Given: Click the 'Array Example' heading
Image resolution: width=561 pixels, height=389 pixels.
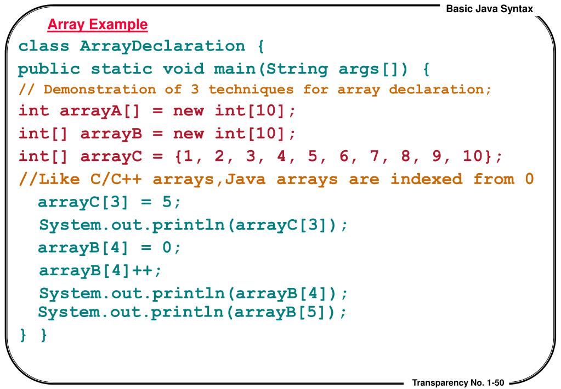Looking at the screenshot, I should coord(98,25).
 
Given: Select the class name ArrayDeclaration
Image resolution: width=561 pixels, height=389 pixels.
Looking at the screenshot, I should coord(162,46).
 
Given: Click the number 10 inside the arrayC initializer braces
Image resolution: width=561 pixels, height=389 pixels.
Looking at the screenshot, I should coord(472,157).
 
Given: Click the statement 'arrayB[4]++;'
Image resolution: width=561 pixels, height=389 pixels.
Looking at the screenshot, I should coord(101,270).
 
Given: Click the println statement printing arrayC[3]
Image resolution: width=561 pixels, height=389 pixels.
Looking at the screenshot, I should coord(193,225).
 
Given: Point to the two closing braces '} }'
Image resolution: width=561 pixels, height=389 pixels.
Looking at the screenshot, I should coord(33,335).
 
